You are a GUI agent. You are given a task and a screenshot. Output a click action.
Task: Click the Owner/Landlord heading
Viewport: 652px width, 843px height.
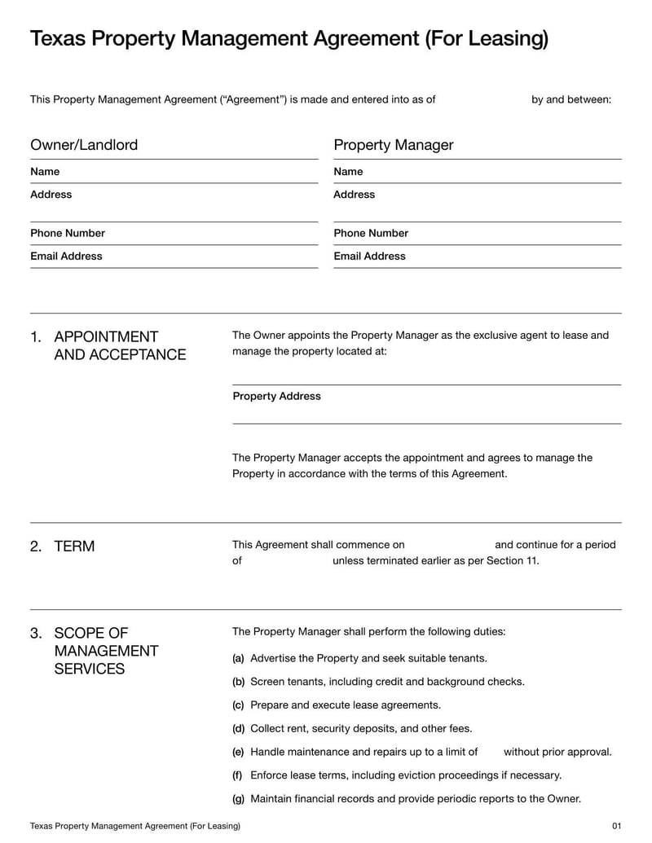[x=84, y=145]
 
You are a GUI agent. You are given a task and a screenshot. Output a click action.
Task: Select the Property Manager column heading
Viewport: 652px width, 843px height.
[x=393, y=145]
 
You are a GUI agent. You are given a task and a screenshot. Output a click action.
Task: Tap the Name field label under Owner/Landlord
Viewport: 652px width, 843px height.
[x=45, y=172]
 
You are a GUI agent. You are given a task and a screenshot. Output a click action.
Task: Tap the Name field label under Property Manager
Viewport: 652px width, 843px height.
[x=348, y=172]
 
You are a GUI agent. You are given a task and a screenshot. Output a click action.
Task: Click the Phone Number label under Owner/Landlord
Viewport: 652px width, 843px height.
[x=68, y=233]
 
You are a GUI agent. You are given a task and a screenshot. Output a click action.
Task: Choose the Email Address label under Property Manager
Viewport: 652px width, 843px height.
[x=369, y=256]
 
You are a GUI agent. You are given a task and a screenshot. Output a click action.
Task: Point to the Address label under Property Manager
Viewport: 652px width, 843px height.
[x=355, y=195]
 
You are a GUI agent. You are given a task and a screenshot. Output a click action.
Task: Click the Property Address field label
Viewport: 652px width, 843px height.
[x=276, y=397]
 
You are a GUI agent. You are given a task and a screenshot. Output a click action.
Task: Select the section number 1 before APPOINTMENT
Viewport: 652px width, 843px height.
[x=35, y=337]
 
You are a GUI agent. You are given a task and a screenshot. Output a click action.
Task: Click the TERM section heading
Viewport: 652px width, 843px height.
[x=74, y=547]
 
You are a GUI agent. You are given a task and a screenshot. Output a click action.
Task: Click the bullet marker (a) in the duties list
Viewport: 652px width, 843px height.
[x=238, y=658]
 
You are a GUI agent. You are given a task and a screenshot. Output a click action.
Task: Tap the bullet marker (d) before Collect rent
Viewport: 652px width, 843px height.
[x=238, y=728]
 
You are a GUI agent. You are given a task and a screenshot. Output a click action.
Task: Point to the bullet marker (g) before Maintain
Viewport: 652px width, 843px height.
[x=238, y=799]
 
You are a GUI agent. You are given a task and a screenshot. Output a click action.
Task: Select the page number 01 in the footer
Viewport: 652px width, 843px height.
[x=616, y=826]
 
